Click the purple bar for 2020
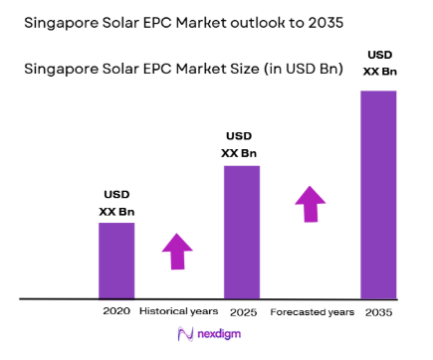(x=115, y=260)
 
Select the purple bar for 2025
(x=242, y=231)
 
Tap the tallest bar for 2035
(x=377, y=194)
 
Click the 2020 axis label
(x=115, y=311)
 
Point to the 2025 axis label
(x=242, y=311)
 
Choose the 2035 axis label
(x=377, y=311)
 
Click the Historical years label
(x=179, y=311)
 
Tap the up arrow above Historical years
(x=179, y=251)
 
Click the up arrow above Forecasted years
(x=310, y=204)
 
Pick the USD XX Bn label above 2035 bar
(x=377, y=63)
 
